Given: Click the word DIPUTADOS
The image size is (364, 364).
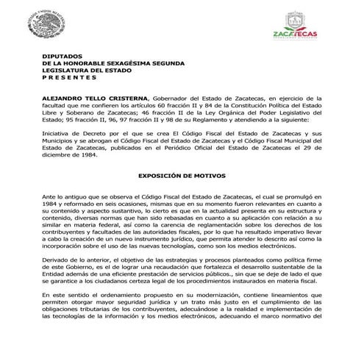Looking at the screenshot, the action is (x=63, y=56).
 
